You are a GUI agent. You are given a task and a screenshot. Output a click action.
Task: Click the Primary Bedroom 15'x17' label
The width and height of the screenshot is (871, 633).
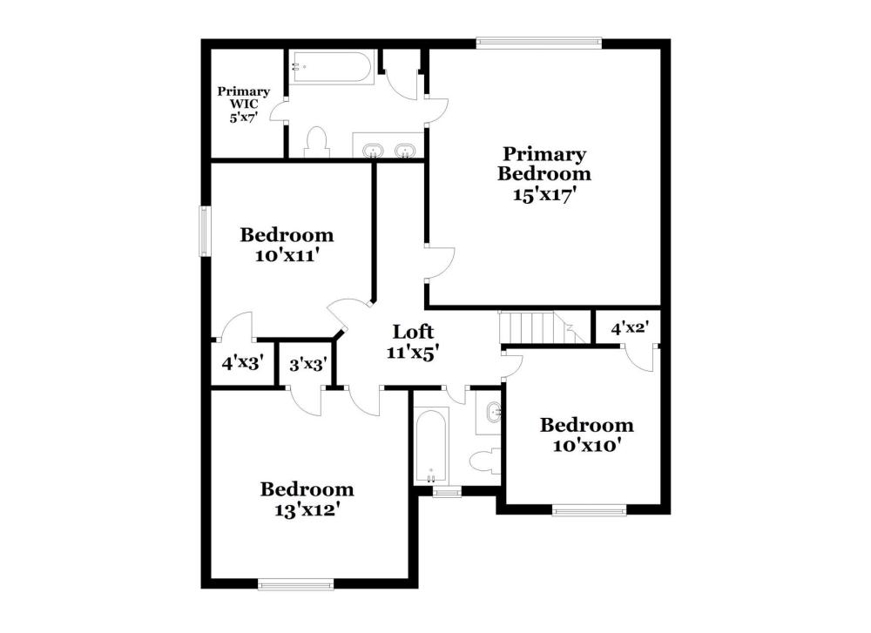(x=544, y=174)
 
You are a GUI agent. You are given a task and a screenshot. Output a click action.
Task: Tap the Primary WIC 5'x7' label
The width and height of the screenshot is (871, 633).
(x=243, y=104)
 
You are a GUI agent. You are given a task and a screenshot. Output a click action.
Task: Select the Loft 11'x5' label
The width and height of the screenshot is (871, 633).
(x=413, y=342)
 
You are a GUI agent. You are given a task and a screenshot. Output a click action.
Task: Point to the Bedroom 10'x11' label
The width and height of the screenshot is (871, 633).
(x=287, y=245)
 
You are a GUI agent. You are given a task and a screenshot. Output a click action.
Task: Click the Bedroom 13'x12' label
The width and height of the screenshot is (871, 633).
(x=307, y=499)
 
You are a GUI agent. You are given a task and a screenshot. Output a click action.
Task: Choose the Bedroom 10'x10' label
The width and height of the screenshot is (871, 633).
(x=586, y=434)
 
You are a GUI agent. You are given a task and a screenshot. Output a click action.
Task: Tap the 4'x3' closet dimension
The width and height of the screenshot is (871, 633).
(x=242, y=363)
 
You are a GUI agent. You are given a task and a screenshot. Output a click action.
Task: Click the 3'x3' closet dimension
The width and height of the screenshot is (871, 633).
(x=307, y=365)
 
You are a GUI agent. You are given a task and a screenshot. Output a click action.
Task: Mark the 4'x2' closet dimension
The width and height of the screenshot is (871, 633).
(x=630, y=328)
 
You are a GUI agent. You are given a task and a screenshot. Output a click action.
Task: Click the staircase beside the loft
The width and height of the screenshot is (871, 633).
(x=544, y=327)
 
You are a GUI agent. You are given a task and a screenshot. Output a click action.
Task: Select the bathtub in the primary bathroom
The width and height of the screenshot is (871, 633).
(x=332, y=68)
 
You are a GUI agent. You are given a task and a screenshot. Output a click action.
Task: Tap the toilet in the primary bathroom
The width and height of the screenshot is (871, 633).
(x=317, y=142)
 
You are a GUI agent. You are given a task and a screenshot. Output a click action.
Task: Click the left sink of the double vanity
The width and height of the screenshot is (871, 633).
(x=372, y=151)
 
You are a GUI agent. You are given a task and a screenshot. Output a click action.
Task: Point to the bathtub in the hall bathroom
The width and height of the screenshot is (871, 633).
(x=432, y=445)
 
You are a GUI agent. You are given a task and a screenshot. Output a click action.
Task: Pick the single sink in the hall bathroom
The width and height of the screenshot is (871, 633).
(x=494, y=412)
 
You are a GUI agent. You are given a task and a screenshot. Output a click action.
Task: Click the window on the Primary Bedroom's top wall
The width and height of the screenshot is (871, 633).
(x=539, y=41)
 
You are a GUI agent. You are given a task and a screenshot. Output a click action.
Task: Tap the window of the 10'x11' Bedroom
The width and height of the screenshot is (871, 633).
(x=205, y=231)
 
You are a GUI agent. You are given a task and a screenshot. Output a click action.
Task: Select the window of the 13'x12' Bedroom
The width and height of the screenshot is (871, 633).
(x=296, y=583)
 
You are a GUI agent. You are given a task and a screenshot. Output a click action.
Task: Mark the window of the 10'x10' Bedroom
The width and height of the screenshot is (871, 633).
(x=590, y=509)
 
